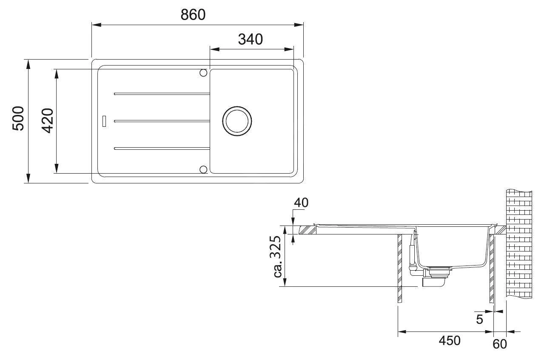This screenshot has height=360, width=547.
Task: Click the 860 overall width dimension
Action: coord(193,14)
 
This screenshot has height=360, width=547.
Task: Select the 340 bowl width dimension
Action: coord(250,40)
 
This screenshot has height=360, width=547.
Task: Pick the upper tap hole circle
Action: coord(203,73)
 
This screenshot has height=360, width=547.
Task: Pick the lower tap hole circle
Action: coord(203,169)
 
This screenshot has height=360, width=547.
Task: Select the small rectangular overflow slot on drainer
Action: coord(103,121)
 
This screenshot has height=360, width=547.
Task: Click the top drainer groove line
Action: coord(162,94)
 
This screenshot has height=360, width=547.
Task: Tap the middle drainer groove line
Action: coord(162,121)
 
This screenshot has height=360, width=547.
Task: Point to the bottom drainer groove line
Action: coord(162,149)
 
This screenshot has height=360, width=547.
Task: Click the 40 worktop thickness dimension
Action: coord(301,203)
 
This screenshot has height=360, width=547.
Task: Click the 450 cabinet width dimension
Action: coord(449,341)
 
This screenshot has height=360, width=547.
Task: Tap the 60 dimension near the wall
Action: coord(500,344)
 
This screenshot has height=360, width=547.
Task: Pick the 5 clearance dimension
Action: coord(479,320)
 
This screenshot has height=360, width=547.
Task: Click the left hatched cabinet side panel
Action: coord(399,268)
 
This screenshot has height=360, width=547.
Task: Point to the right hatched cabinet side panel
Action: coord(492,268)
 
